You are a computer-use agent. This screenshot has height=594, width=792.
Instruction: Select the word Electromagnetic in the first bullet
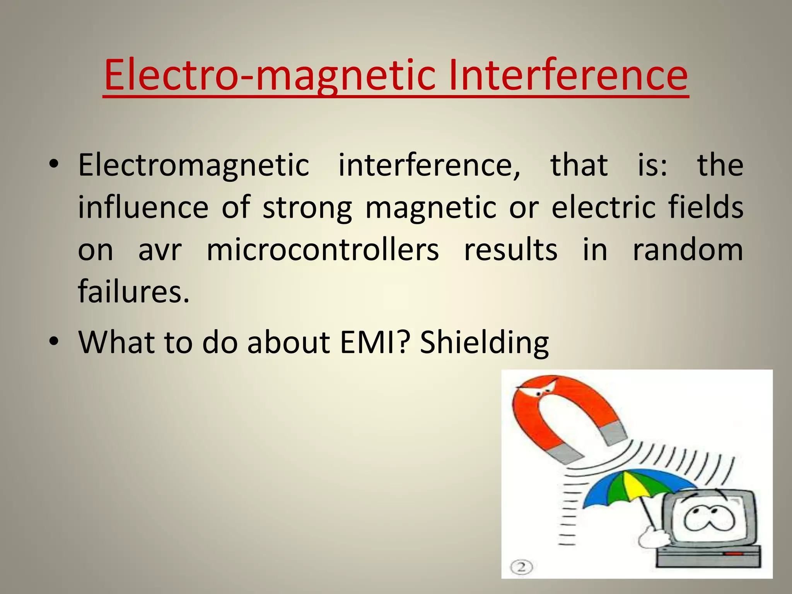(x=194, y=166)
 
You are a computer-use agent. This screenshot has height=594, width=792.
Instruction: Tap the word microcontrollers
(x=323, y=250)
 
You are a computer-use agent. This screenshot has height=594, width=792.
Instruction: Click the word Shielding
(x=484, y=343)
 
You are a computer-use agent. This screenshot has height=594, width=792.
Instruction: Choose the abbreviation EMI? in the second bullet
(x=374, y=342)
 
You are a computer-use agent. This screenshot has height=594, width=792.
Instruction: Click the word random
(x=688, y=250)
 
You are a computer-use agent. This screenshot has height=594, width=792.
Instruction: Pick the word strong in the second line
(x=307, y=208)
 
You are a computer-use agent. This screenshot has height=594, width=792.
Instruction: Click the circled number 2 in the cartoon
(x=521, y=567)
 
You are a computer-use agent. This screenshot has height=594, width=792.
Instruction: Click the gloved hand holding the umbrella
(x=654, y=537)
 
